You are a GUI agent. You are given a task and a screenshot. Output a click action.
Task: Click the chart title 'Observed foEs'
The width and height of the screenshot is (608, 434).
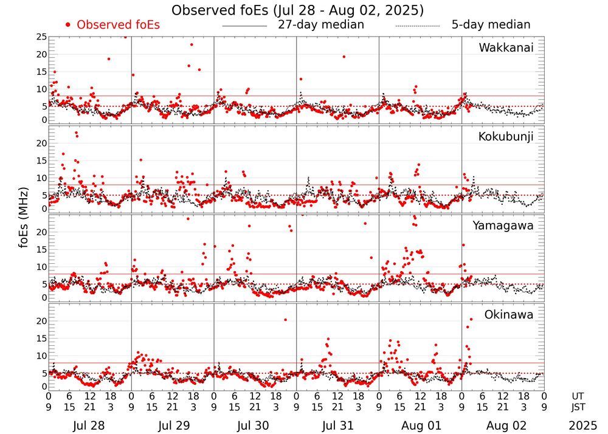pyautogui.click(x=297, y=10)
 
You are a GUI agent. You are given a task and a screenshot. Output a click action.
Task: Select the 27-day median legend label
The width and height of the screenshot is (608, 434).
pyautogui.click(x=320, y=25)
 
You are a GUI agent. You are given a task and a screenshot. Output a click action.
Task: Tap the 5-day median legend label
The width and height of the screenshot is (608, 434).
pyautogui.click(x=491, y=25)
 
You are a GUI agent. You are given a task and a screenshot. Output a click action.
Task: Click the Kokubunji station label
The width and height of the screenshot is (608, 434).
pyautogui.click(x=506, y=137)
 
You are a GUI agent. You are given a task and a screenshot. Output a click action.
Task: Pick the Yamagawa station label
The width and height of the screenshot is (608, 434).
pyautogui.click(x=503, y=226)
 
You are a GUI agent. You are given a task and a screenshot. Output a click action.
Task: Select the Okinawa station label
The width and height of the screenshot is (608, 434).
pyautogui.click(x=509, y=315)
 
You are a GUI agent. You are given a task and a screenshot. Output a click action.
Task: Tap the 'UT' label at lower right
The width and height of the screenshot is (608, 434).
pyautogui.click(x=578, y=396)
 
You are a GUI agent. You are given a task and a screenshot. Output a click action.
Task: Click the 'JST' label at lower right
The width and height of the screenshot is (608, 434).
pyautogui.click(x=578, y=407)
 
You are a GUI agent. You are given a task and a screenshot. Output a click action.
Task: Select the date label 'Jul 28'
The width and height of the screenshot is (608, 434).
pyautogui.click(x=89, y=425)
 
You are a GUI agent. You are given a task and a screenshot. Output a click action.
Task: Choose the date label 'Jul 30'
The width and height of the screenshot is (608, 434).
pyautogui.click(x=255, y=425)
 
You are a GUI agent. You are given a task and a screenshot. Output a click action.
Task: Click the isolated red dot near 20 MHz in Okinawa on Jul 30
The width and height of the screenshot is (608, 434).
pyautogui.click(x=285, y=320)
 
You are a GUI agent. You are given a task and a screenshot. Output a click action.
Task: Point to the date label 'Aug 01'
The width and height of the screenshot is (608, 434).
pyautogui.click(x=420, y=425)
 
